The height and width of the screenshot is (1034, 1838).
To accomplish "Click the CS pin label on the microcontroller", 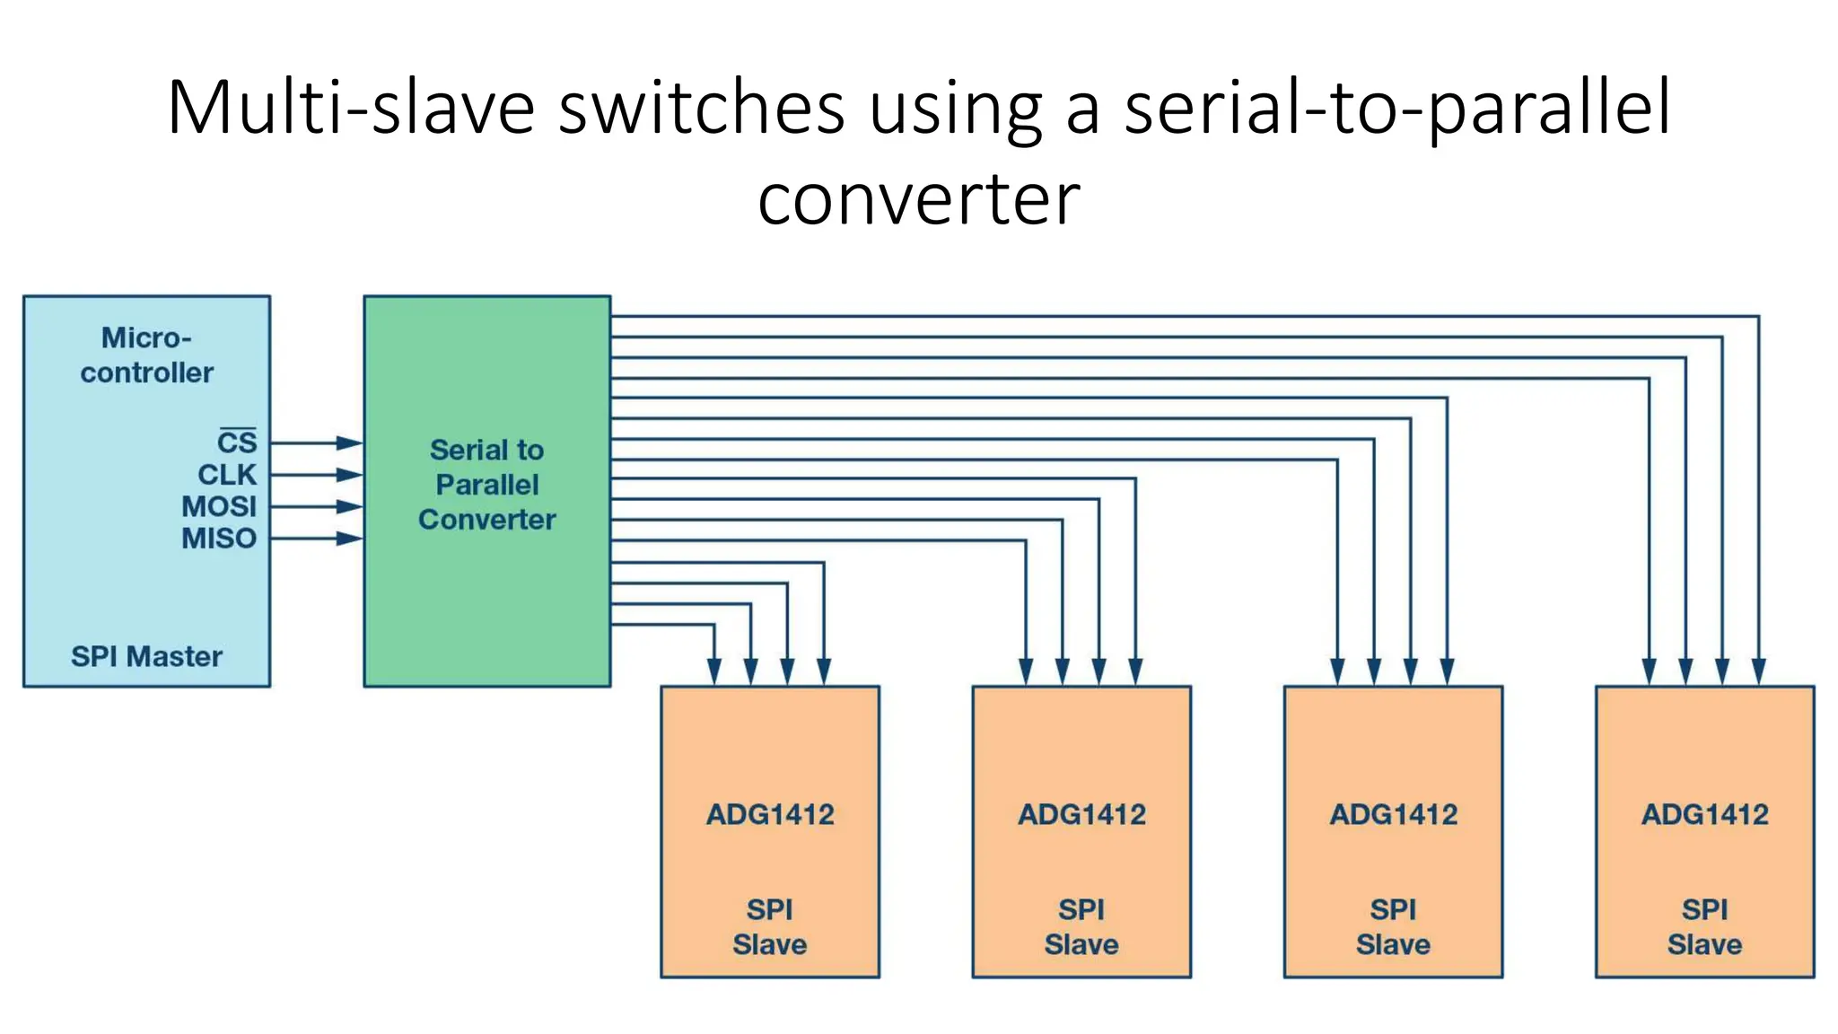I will (x=237, y=443).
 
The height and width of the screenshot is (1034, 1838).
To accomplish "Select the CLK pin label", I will (x=227, y=475).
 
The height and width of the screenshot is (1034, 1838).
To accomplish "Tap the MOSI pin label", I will (x=219, y=506).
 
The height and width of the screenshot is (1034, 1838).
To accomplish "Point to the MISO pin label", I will (x=219, y=539).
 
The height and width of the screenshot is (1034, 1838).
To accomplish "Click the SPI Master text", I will (x=146, y=656).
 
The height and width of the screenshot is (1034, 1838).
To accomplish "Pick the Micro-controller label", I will (x=146, y=355).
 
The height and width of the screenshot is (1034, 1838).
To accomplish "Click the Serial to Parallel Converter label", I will (x=486, y=485).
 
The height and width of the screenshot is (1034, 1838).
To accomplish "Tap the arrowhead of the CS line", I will (x=349, y=443).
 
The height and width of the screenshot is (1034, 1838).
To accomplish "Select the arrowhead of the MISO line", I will (x=349, y=539).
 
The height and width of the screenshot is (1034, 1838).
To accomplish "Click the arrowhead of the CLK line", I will (x=349, y=475).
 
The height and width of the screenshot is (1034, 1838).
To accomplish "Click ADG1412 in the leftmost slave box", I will (x=770, y=814).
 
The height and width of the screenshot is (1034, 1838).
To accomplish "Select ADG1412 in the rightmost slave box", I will (x=1704, y=814).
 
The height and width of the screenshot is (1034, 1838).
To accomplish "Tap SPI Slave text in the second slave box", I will (x=1081, y=927).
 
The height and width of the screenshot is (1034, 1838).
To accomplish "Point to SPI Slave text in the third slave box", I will (x=1393, y=927).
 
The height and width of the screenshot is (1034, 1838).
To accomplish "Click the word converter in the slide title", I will (x=919, y=199).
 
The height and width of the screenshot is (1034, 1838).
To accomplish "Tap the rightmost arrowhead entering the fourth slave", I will (x=1758, y=671).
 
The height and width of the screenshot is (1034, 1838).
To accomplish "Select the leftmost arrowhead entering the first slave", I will (x=714, y=671).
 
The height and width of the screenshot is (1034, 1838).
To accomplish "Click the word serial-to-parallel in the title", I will (x=1397, y=110).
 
